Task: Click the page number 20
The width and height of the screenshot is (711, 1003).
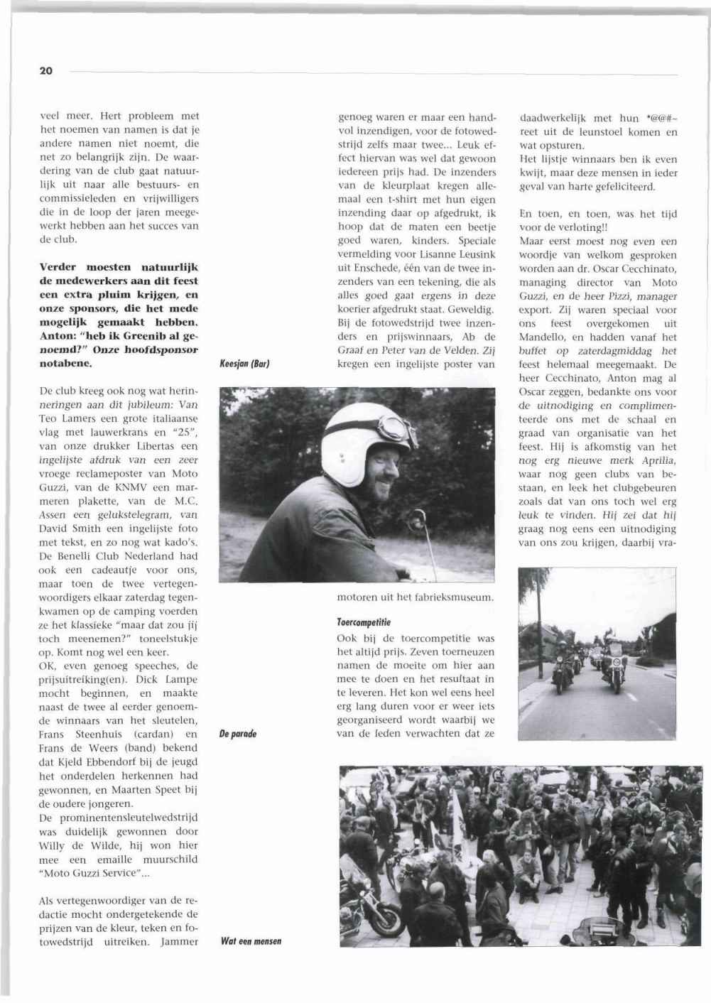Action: (x=45, y=71)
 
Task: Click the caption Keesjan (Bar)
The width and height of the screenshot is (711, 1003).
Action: (x=243, y=364)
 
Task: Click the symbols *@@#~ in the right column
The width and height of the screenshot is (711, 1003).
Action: (x=656, y=118)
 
